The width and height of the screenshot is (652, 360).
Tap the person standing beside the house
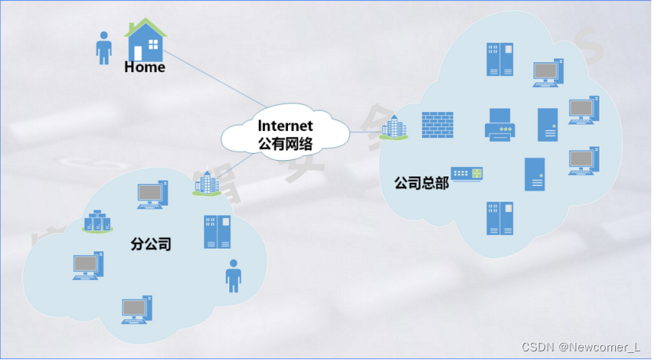[x=104, y=47]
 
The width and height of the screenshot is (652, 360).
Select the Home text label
[x=145, y=67]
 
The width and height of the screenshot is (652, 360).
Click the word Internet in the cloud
[x=286, y=125]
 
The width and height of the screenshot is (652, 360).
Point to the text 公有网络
[x=286, y=144]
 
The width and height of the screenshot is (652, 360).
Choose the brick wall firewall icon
[x=437, y=125]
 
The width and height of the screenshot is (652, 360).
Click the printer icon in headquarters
[x=500, y=125]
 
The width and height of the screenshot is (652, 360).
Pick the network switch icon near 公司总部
[x=466, y=174]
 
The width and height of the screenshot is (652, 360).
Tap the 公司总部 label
[x=421, y=184]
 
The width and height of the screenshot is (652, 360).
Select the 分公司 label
[x=151, y=244]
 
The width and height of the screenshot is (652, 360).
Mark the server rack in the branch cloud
[x=217, y=231]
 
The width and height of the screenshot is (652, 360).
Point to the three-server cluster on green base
[x=98, y=221]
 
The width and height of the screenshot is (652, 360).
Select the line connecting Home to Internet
[x=212, y=79]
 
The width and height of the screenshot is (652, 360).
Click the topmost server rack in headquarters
[x=500, y=60]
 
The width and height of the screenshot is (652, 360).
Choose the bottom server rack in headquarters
[x=500, y=218]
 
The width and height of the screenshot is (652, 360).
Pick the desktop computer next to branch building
[x=151, y=195]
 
